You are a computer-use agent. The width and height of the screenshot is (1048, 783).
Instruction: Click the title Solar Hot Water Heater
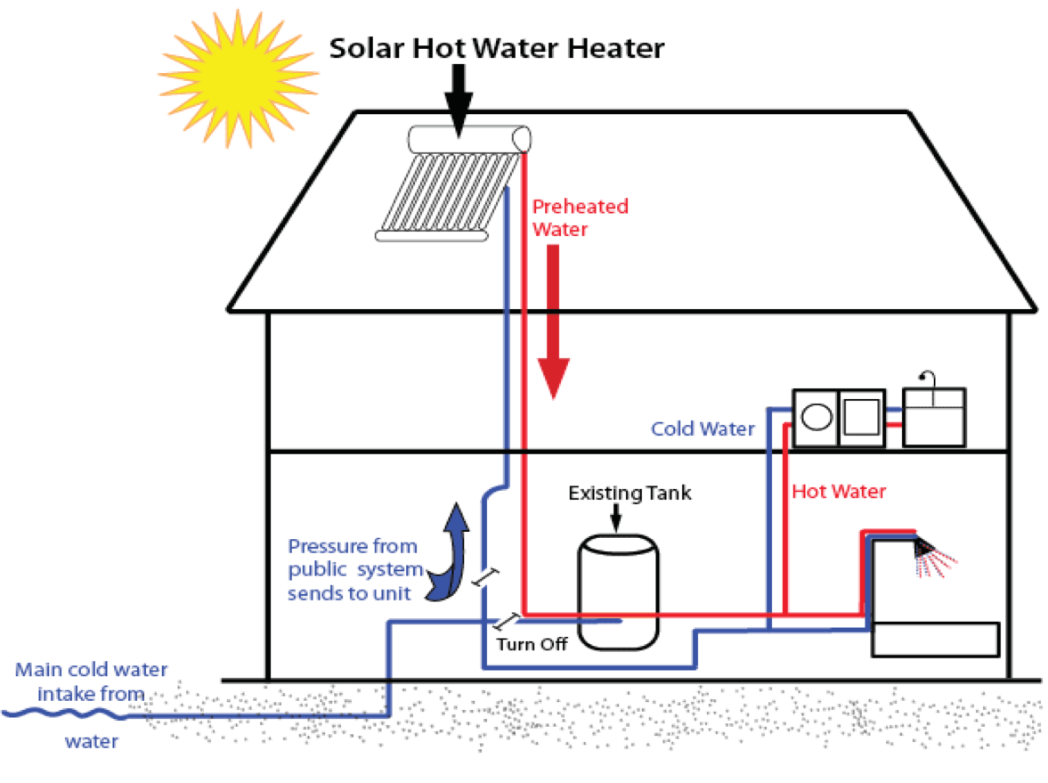pos(496,47)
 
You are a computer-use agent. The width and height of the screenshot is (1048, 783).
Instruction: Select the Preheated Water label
pos(579,217)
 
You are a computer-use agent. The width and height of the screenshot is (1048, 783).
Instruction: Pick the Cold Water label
pos(702,429)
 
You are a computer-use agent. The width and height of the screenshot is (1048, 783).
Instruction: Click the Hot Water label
pos(839,491)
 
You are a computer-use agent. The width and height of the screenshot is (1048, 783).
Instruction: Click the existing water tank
pos(620,588)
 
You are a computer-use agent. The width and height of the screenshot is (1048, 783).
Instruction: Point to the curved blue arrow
pos(450,552)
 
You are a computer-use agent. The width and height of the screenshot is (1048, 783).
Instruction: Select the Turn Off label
pos(531,644)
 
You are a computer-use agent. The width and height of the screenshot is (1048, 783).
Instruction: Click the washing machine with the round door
pos(816,417)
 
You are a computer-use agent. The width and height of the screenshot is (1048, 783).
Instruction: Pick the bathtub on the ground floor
pos(935,640)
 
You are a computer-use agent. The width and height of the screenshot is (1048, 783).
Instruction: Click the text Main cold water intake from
pos(92,681)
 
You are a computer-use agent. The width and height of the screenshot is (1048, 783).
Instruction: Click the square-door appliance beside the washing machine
pos(860,417)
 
